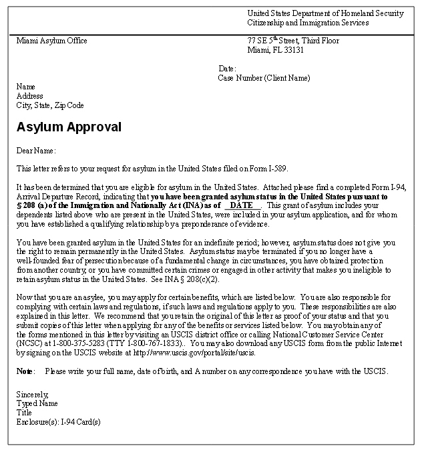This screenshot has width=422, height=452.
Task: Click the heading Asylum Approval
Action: (x=69, y=127)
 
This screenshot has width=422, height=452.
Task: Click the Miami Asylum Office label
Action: (x=52, y=41)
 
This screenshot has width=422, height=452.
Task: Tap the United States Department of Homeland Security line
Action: (x=325, y=13)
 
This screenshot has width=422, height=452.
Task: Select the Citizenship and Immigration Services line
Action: (x=307, y=23)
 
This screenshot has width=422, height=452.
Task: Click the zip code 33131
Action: (x=292, y=50)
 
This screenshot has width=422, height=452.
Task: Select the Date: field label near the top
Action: (x=227, y=69)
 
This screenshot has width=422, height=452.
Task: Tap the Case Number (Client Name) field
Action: (x=264, y=78)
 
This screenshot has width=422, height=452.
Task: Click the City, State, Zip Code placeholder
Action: (x=50, y=105)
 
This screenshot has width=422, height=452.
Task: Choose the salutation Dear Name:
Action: (x=36, y=151)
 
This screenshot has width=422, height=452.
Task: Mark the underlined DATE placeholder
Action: (x=241, y=206)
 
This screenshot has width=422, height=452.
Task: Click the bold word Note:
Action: (x=25, y=371)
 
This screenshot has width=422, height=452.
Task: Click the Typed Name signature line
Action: (x=37, y=403)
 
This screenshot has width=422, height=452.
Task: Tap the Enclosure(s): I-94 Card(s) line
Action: (x=58, y=421)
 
